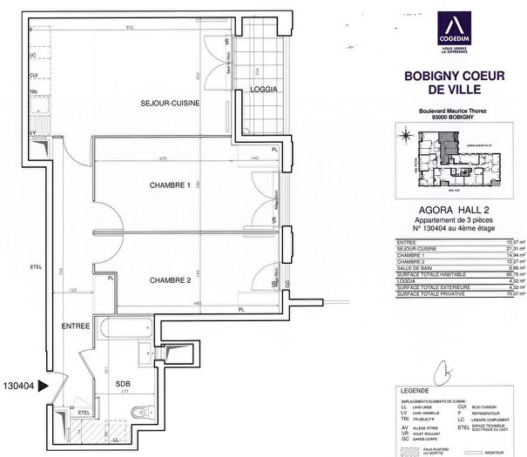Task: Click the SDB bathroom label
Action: (x=123, y=382)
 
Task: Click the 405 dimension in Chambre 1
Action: (x=163, y=158)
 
